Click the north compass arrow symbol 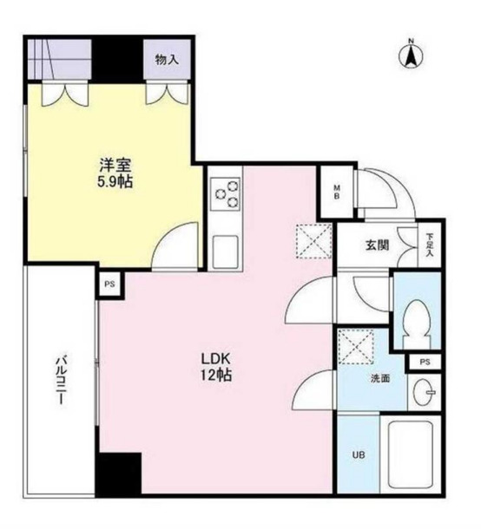tap(410, 55)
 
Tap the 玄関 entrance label tap(376, 245)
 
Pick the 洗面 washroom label tap(380, 378)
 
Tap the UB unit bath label tap(357, 455)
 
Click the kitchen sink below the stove tap(227, 251)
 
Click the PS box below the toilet tap(424, 362)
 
